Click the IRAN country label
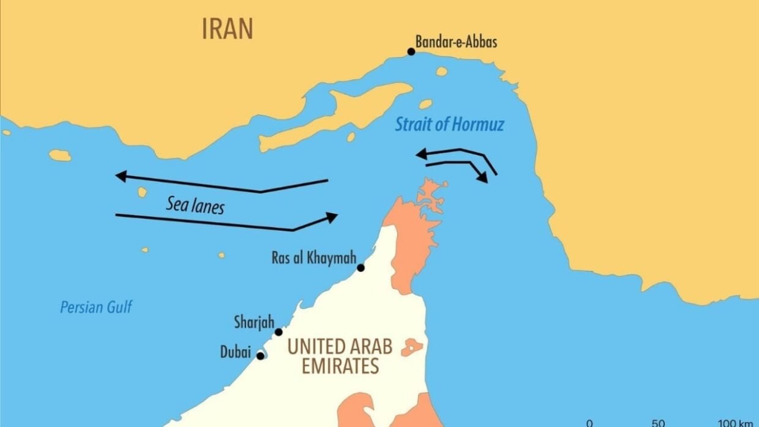tap(227, 29)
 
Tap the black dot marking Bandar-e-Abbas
tap(411, 51)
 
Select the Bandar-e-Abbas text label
tap(456, 42)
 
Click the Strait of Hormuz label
tap(449, 125)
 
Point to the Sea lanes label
tap(195, 205)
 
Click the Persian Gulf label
tap(95, 306)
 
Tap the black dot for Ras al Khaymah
tap(361, 267)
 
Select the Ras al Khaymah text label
tap(313, 258)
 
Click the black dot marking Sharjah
tap(279, 332)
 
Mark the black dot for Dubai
tap(260, 355)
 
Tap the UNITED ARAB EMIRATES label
tap(340, 356)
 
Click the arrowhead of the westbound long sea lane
tap(121, 176)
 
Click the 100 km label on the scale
tap(735, 423)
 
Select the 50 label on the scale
tap(658, 423)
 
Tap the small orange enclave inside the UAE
tap(412, 347)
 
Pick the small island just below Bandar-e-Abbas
tap(441, 72)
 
